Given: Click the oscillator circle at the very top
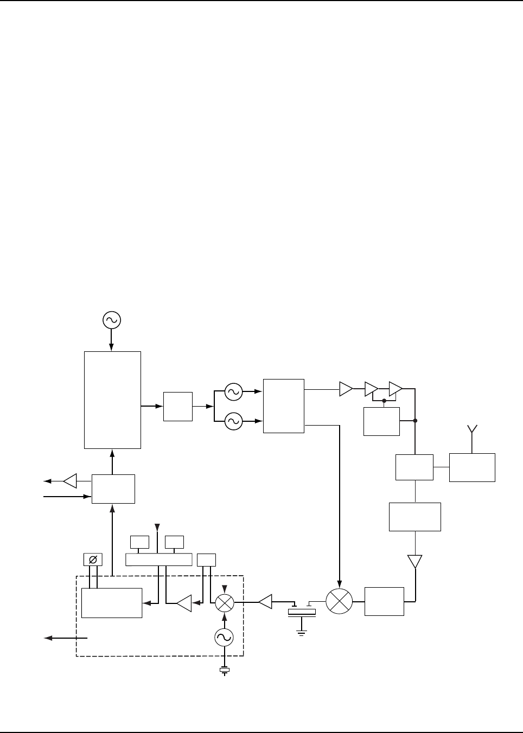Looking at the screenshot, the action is tap(111, 320).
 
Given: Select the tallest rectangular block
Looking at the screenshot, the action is tap(113, 400).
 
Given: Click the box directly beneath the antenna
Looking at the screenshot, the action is tap(472, 467).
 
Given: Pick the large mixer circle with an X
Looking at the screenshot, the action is tap(339, 601).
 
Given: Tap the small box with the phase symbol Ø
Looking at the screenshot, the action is tap(92, 559).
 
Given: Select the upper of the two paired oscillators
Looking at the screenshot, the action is tap(233, 392).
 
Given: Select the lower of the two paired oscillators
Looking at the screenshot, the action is tap(233, 421).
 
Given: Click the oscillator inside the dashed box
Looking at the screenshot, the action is tap(224, 638).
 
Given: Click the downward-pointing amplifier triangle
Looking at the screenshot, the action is tap(415, 561).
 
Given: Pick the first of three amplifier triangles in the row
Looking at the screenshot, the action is tap(346, 388).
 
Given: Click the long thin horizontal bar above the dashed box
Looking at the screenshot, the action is tap(158, 559).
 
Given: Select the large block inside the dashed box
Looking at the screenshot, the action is tap(112, 602).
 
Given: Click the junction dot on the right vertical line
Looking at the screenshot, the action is tap(415, 421).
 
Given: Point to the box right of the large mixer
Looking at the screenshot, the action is tap(384, 601).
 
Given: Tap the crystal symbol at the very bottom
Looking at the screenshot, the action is tap(224, 672).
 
